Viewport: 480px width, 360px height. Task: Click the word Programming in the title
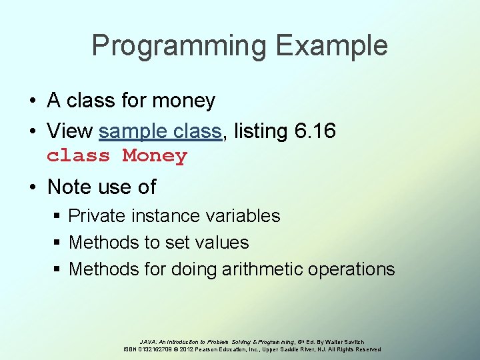point(179,46)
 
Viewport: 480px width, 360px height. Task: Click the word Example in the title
point(331,46)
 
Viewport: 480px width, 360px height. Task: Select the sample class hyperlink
point(160,131)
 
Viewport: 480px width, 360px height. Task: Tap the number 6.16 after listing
point(315,131)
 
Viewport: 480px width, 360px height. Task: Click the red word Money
point(155,156)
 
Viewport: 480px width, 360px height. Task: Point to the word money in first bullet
point(183,101)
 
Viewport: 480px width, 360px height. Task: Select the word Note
point(69,187)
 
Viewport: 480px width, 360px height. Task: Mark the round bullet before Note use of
point(33,187)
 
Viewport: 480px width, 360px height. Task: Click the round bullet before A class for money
point(33,101)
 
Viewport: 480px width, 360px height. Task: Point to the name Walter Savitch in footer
point(347,342)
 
